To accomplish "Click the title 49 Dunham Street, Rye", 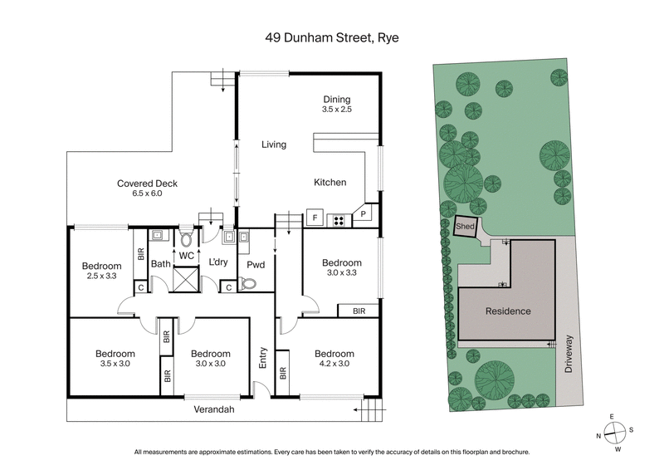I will (x=332, y=38).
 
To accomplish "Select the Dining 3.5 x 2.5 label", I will (x=337, y=104).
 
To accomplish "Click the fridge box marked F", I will (x=315, y=219).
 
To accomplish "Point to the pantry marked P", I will (x=363, y=215).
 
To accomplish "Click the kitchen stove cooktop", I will (x=338, y=220).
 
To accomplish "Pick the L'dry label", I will (x=218, y=262).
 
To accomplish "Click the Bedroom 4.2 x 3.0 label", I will (x=334, y=358).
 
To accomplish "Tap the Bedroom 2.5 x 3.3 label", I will (x=101, y=272).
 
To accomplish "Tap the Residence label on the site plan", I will (x=507, y=311).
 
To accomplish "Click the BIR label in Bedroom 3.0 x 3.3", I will (x=359, y=311).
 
